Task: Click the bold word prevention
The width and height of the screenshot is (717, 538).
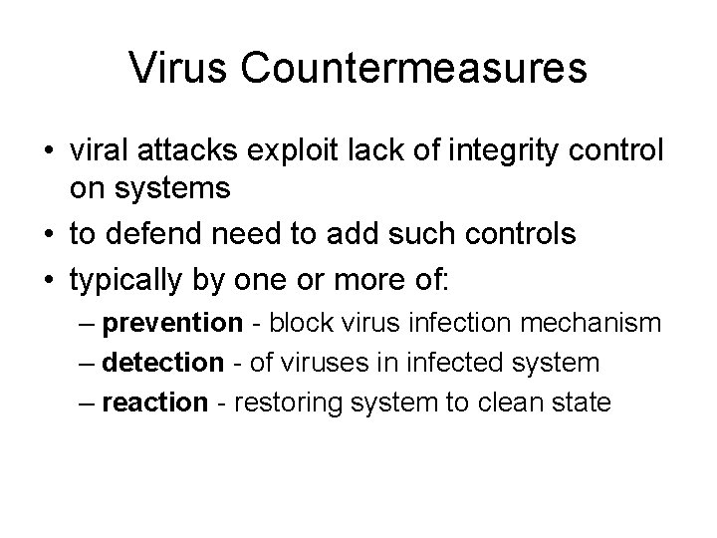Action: pos(185,323)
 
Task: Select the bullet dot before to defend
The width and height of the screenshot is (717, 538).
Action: pos(49,235)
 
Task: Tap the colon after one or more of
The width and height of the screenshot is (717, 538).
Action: pos(445,281)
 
